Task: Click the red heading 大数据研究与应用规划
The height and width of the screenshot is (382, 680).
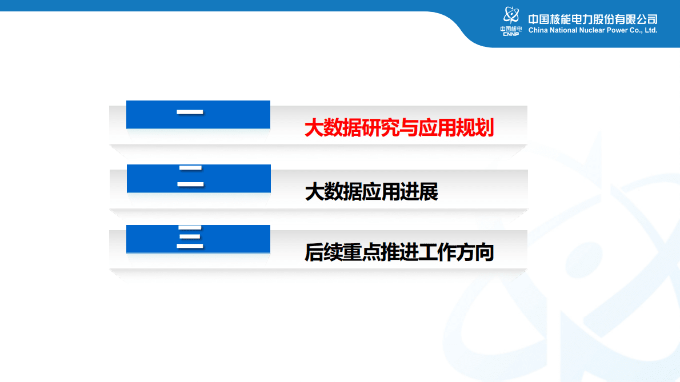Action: point(399,128)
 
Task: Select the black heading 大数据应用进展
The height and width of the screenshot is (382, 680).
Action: point(371,192)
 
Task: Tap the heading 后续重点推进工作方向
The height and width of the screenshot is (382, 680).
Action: point(399,252)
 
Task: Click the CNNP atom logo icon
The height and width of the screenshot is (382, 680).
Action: point(511,16)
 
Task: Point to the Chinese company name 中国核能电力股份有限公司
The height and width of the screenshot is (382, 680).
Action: point(593,19)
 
